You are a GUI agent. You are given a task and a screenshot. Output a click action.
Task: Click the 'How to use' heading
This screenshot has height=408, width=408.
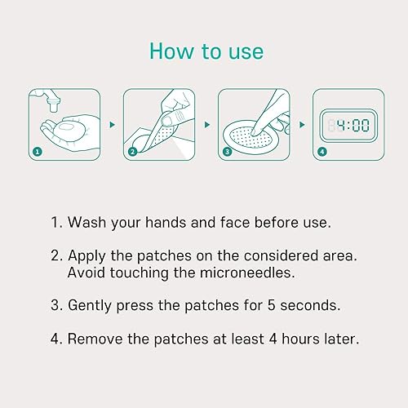point(206,51)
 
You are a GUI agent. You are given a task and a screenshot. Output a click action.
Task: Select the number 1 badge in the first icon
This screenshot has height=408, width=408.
point(37,151)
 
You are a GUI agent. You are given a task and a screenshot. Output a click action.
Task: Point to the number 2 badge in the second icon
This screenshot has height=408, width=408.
point(132,151)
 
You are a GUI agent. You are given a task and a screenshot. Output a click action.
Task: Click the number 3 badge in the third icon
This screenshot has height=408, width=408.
point(227,151)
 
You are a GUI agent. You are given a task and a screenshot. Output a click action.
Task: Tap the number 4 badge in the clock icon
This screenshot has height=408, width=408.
point(322,151)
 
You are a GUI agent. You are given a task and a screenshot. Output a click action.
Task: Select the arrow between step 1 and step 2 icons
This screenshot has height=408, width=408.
point(112,126)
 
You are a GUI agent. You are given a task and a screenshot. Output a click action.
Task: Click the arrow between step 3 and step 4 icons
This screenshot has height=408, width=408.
point(301,126)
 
